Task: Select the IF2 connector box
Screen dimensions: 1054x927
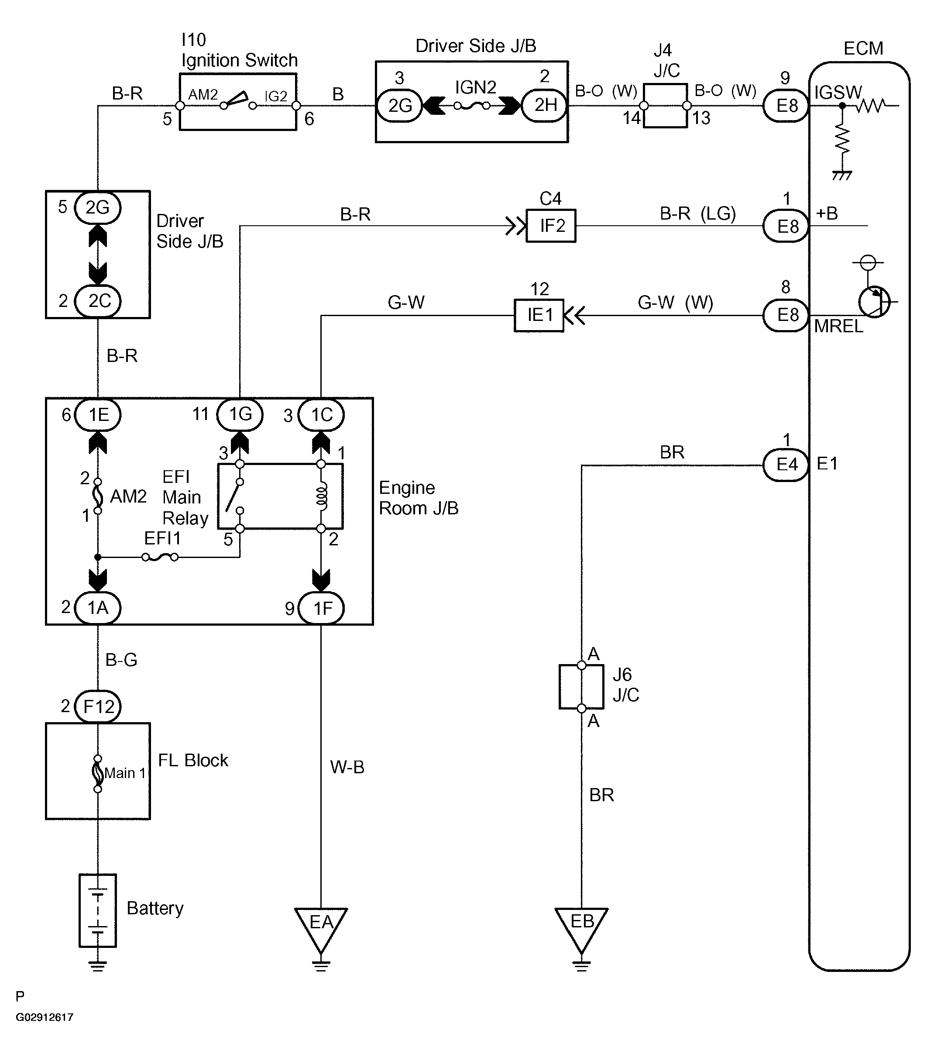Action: [551, 226]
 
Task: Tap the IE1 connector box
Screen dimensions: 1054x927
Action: [539, 315]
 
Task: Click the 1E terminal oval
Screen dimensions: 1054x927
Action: [98, 415]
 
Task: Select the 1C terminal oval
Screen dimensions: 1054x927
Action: [321, 415]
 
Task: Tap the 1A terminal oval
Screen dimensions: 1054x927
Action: [98, 608]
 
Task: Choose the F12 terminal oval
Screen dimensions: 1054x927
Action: [98, 706]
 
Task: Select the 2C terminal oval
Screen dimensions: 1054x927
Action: [98, 301]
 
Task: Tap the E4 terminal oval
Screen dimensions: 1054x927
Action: [786, 465]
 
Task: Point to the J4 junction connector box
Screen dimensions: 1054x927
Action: [665, 106]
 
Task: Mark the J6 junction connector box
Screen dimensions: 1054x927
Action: [581, 686]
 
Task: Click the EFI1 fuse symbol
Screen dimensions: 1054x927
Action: [160, 557]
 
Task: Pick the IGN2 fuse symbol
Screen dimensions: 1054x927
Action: [472, 106]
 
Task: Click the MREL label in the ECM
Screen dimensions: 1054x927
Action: [838, 327]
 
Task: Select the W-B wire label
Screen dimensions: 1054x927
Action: [347, 767]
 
